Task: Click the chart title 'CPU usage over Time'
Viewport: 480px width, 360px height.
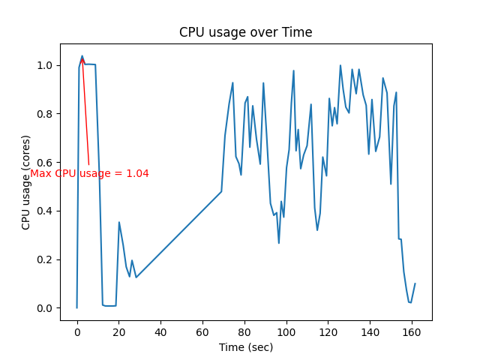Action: coord(245,32)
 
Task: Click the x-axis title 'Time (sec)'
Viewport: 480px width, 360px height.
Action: coord(245,347)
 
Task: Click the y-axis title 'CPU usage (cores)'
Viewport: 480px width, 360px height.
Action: coord(26,182)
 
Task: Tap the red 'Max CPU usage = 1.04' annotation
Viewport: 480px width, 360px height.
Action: coord(89,173)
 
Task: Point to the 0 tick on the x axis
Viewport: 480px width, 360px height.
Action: coord(76,331)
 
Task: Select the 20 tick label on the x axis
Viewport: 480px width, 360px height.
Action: coord(118,331)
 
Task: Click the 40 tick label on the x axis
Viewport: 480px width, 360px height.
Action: coord(160,331)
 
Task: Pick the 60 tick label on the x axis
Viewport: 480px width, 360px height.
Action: coord(202,331)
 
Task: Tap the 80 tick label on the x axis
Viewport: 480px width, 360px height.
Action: coord(244,331)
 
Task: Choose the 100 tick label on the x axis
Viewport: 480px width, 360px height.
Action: coord(286,331)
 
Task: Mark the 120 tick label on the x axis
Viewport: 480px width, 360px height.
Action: coord(328,331)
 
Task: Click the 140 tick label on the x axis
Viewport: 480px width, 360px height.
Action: coord(370,331)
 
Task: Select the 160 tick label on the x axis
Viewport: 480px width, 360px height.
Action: coord(412,331)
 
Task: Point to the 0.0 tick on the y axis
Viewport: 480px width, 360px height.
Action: coord(46,308)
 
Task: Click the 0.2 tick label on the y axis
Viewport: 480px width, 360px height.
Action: coord(46,259)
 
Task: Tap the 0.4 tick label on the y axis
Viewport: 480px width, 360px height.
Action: coord(46,211)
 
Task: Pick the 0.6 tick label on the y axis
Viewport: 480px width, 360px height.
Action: coord(46,163)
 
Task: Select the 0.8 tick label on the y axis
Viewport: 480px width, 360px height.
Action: coord(46,114)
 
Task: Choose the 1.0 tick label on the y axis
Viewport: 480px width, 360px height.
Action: coord(46,65)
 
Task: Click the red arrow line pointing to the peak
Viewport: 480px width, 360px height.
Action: coord(85,112)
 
